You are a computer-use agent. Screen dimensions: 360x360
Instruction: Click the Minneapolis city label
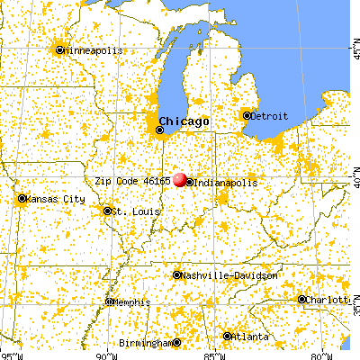(x=93, y=50)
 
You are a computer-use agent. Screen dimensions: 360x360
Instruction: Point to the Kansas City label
(x=56, y=198)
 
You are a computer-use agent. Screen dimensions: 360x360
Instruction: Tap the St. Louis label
(x=130, y=211)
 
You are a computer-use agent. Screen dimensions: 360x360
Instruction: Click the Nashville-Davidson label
(x=226, y=275)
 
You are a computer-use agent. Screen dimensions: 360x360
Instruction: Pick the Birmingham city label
(x=145, y=343)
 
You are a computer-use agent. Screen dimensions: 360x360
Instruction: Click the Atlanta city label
(x=248, y=336)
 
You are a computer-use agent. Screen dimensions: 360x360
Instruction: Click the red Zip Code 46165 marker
(x=181, y=180)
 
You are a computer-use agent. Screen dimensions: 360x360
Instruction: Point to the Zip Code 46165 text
(x=134, y=179)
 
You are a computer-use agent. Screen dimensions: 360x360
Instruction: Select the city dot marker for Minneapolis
(x=60, y=50)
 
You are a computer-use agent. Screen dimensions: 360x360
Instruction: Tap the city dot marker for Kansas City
(x=22, y=198)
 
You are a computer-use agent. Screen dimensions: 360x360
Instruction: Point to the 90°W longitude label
(x=105, y=353)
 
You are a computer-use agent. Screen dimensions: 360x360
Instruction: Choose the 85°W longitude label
(x=213, y=353)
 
